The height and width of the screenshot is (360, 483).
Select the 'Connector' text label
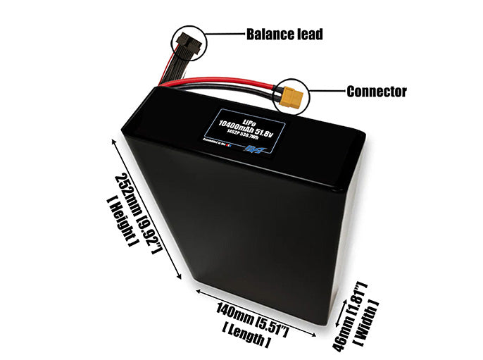click(376, 92)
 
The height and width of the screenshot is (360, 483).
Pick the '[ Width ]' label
click(368, 321)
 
